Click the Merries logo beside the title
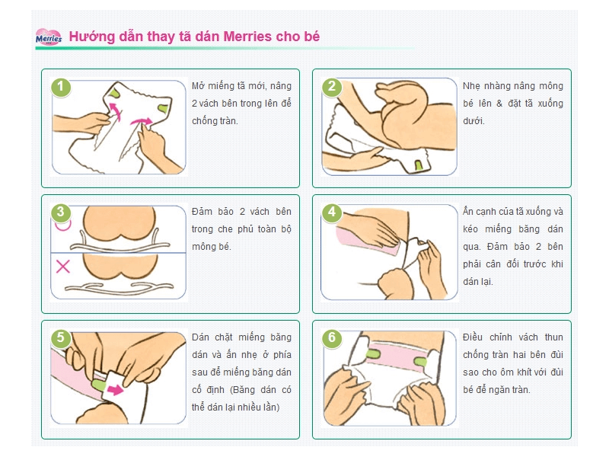tap(49, 37)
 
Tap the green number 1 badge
tap(61, 87)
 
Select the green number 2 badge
tap(332, 87)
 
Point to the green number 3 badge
tap(61, 213)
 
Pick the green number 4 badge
tap(332, 213)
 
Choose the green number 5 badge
tap(61, 337)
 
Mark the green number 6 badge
tap(332, 337)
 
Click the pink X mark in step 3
tap(63, 267)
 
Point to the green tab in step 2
tap(418, 165)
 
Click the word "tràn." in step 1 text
tap(226, 121)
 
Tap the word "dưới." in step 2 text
tap(473, 121)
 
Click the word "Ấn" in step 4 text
tap(467, 211)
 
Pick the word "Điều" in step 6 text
tap(473, 337)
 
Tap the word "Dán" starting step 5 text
tap(200, 337)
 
